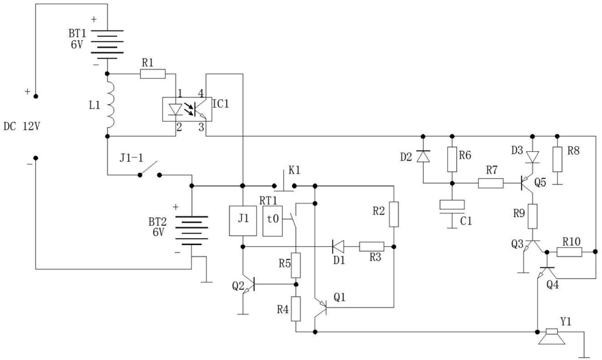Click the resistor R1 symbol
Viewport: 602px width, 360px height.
point(153,73)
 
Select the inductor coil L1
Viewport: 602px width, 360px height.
point(110,105)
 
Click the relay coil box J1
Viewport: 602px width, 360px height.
point(242,220)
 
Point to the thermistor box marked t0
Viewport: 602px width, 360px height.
point(272,220)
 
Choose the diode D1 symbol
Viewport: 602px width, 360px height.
point(338,246)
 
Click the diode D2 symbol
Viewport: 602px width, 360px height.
point(423,156)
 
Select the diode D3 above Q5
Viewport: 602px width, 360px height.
point(533,157)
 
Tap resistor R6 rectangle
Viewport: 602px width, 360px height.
point(452,159)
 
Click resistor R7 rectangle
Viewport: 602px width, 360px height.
point(491,184)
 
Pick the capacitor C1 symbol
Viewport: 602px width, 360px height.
point(452,208)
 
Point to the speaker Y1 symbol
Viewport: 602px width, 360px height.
point(552,336)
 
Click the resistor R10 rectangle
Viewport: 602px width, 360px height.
point(570,252)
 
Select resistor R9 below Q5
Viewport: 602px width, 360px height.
point(533,216)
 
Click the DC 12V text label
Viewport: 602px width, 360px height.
point(22,127)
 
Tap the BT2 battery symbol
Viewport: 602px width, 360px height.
point(192,231)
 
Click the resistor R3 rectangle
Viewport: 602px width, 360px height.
point(372,246)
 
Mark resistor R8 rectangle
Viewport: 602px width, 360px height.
point(558,159)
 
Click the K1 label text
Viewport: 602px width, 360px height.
point(294,170)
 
